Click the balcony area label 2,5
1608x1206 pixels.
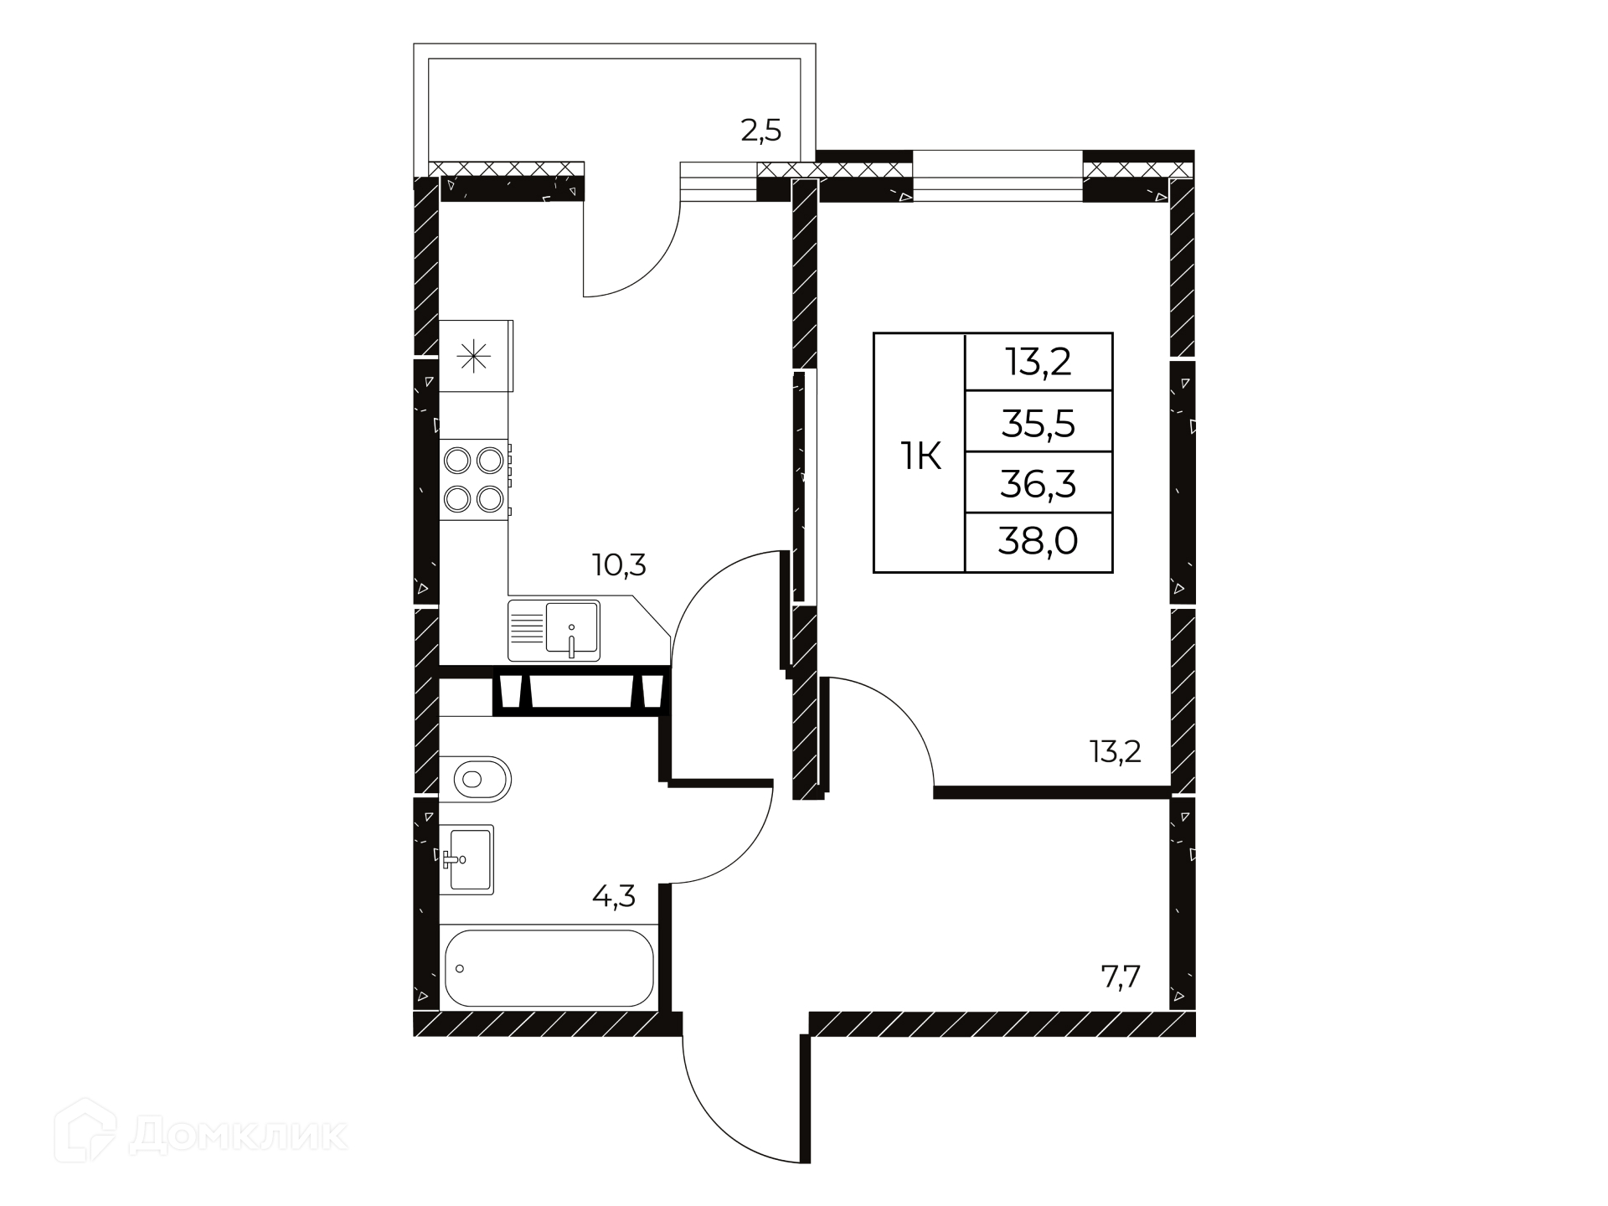click(761, 131)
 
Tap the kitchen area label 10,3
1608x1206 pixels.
click(619, 565)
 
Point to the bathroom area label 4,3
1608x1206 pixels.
click(614, 897)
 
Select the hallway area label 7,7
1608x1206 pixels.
click(1121, 977)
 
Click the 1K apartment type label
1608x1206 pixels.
click(920, 457)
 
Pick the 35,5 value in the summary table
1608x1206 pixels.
click(1038, 425)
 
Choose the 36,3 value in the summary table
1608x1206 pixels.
click(1038, 484)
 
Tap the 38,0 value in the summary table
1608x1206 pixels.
click(1038, 543)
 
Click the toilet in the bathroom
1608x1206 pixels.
click(482, 780)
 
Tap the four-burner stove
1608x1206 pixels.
click(475, 480)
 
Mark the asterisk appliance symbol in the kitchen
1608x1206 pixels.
click(474, 356)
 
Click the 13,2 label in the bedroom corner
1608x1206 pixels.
click(1116, 752)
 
